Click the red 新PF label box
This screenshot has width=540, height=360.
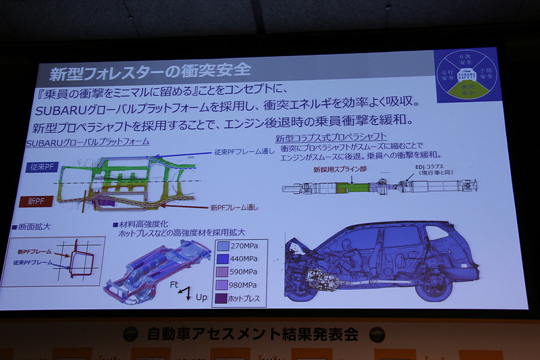click(x=38, y=201)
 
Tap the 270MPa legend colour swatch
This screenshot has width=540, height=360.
click(x=225, y=245)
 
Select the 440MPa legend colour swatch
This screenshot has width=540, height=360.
click(x=225, y=258)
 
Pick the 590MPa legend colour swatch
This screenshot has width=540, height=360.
click(x=225, y=272)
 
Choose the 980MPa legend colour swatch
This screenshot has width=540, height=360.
click(x=225, y=284)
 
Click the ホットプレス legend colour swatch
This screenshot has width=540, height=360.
click(x=225, y=298)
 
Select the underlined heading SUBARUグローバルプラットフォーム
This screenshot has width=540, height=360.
click(x=87, y=143)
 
